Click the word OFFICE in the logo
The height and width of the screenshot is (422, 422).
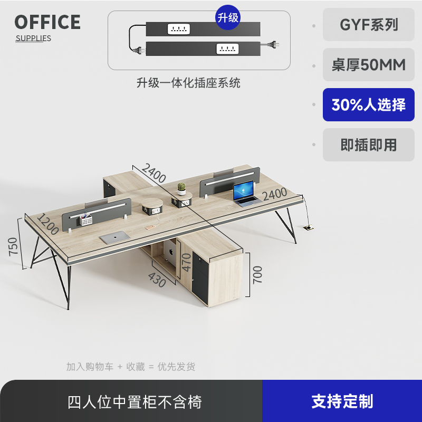(x=47, y=22)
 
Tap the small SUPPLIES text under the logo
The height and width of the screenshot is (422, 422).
(x=33, y=38)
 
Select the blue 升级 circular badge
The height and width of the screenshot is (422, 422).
(x=228, y=17)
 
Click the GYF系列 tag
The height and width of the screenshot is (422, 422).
(x=369, y=24)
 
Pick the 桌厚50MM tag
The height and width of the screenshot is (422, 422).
(x=369, y=64)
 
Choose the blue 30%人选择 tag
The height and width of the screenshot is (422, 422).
(x=369, y=104)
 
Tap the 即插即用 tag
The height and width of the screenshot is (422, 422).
(x=369, y=145)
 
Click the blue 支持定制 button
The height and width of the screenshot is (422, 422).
(x=342, y=401)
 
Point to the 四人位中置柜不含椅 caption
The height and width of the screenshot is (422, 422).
(x=135, y=402)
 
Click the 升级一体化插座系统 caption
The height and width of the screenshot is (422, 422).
(x=188, y=83)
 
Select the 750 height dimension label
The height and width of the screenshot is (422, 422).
(x=13, y=246)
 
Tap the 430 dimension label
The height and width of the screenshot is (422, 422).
(x=157, y=279)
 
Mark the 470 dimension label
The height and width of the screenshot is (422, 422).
(x=186, y=263)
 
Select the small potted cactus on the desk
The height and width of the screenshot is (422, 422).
(x=181, y=188)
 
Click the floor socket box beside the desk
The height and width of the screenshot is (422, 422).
(x=308, y=228)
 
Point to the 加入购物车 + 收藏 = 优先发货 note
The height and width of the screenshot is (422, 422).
(x=131, y=367)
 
